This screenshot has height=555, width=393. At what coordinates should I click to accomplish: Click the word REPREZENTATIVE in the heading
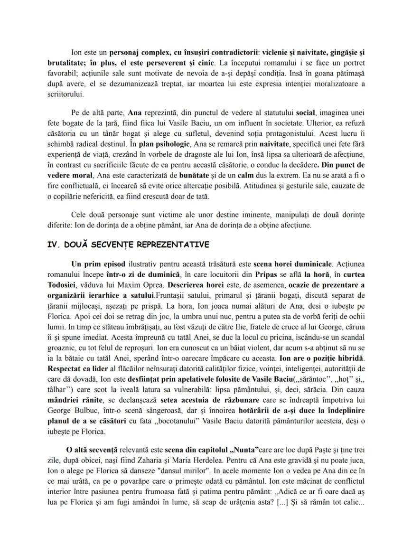[168, 245]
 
